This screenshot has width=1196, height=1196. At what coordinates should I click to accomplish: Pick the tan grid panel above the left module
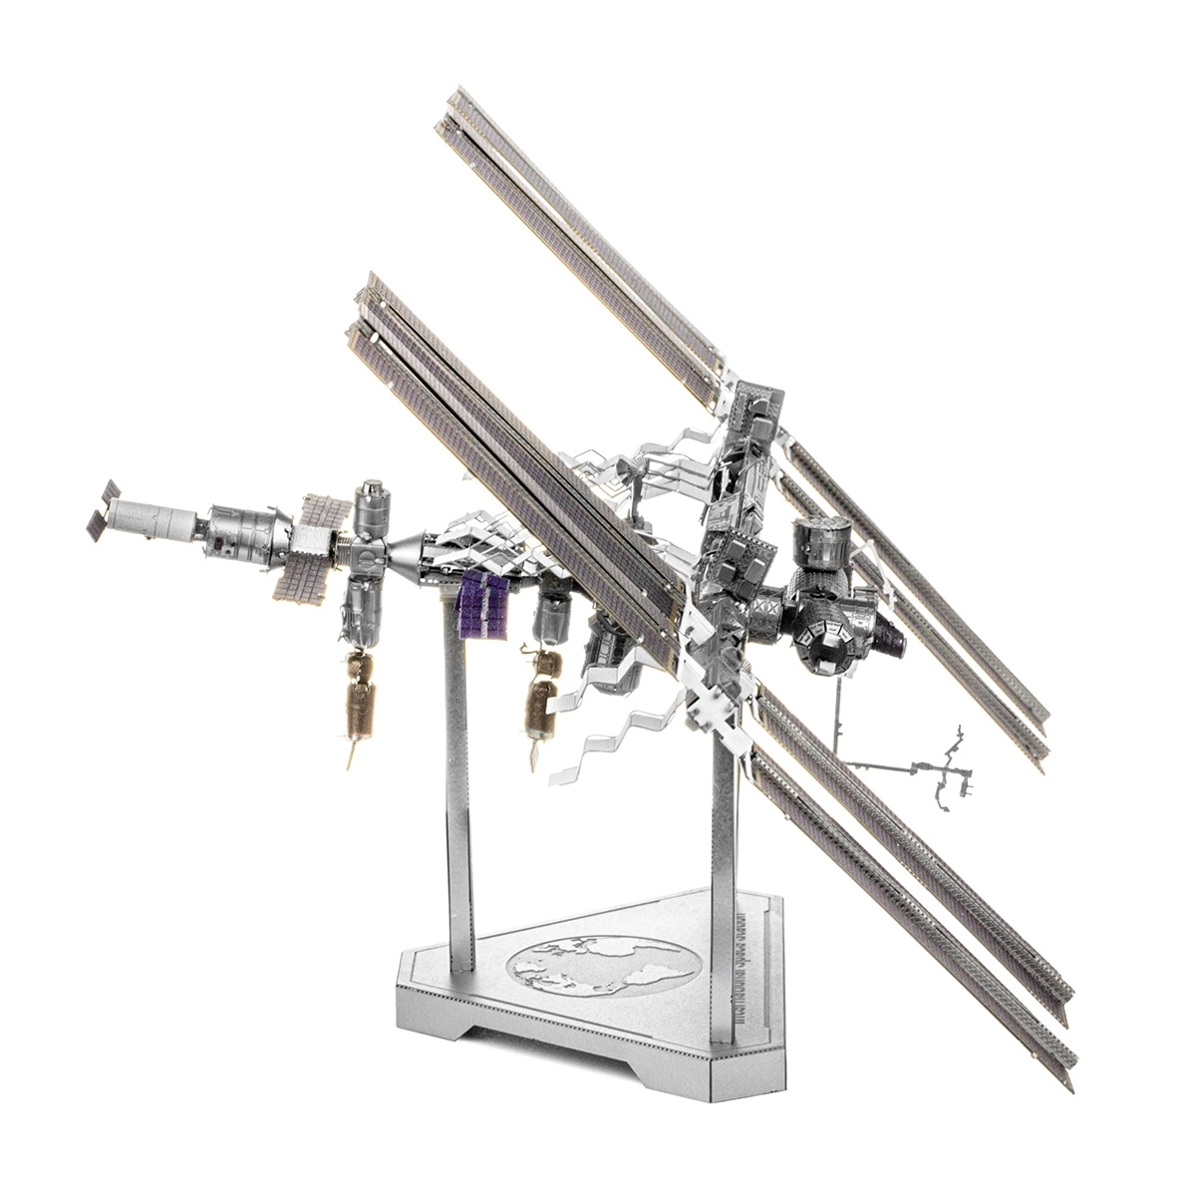(324, 508)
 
